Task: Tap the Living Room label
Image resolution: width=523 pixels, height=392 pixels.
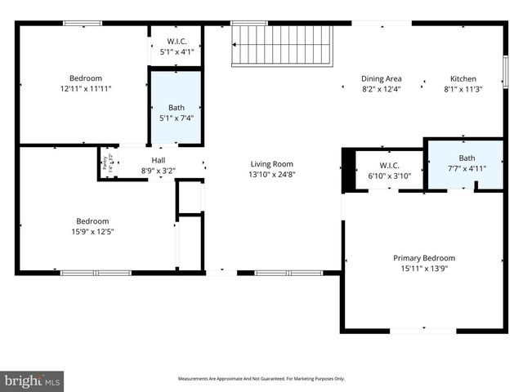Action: pyautogui.click(x=271, y=164)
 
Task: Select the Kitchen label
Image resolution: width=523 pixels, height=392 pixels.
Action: pyautogui.click(x=463, y=79)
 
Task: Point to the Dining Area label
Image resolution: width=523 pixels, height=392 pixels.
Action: pyautogui.click(x=381, y=79)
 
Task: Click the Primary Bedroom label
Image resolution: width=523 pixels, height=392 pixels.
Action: pyautogui.click(x=424, y=258)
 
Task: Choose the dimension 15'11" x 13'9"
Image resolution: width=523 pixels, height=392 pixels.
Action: pyautogui.click(x=424, y=269)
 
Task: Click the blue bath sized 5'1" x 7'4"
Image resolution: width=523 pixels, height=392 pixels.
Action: pyautogui.click(x=176, y=108)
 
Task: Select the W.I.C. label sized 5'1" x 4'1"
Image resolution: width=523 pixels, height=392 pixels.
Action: pyautogui.click(x=177, y=42)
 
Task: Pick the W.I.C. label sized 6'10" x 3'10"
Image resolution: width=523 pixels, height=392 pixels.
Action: pyautogui.click(x=383, y=153)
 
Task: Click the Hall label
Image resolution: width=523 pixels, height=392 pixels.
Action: pyautogui.click(x=160, y=160)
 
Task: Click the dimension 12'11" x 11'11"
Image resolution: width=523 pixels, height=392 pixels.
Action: pyautogui.click(x=85, y=88)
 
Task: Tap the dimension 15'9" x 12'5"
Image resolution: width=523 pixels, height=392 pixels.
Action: pyautogui.click(x=92, y=231)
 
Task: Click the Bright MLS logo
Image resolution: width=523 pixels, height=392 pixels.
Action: pyautogui.click(x=33, y=381)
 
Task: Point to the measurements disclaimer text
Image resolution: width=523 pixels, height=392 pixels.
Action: pyautogui.click(x=261, y=379)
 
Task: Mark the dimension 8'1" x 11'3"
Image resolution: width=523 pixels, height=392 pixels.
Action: pyautogui.click(x=463, y=89)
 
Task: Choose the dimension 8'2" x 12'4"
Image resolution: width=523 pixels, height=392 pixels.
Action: pyautogui.click(x=381, y=89)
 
